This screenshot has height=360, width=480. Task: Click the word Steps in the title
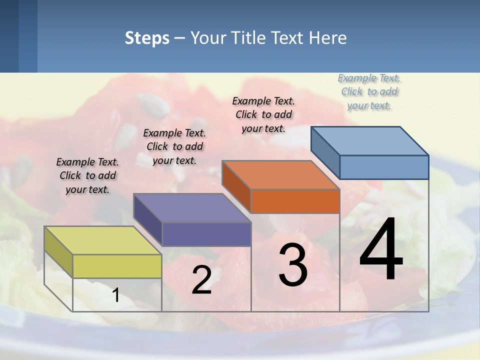(x=146, y=38)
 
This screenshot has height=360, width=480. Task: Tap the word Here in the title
(x=328, y=38)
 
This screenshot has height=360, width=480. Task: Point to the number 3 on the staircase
(x=293, y=264)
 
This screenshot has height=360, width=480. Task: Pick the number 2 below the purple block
(x=201, y=280)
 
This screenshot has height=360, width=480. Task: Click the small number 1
(x=116, y=295)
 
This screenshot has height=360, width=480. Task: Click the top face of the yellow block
(x=103, y=240)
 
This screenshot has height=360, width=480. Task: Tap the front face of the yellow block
(x=117, y=266)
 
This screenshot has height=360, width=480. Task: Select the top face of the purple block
(x=192, y=208)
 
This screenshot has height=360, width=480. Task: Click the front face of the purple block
(x=206, y=234)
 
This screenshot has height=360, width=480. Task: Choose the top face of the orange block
(x=280, y=175)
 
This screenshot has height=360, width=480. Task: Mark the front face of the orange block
(x=295, y=201)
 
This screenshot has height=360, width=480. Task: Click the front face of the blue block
(x=384, y=167)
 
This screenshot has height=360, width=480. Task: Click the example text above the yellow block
(x=87, y=175)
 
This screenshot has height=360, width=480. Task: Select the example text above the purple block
(x=174, y=146)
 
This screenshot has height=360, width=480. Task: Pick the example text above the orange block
(x=263, y=114)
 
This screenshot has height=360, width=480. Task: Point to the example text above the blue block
(x=369, y=91)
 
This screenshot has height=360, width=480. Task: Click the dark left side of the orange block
(x=236, y=186)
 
